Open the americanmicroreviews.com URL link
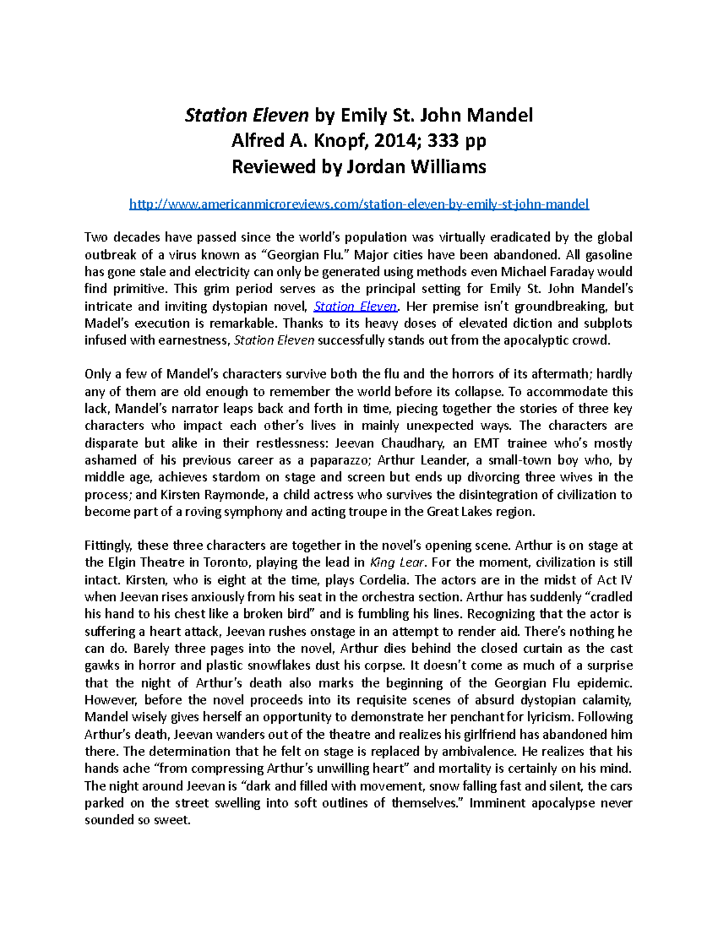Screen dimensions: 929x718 [x=359, y=204]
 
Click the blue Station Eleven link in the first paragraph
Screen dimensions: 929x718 [x=355, y=306]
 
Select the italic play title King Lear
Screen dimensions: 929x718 [x=398, y=562]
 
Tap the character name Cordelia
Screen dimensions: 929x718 [x=384, y=580]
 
